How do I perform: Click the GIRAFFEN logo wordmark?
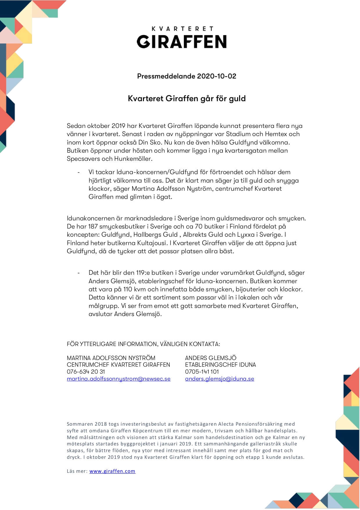pyautogui.click(x=182, y=42)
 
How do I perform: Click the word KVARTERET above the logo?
pyautogui.click(x=183, y=29)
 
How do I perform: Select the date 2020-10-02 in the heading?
pyautogui.click(x=217, y=76)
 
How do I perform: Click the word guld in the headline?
pyautogui.click(x=237, y=99)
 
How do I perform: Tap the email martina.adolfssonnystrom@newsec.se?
pyautogui.click(x=119, y=379)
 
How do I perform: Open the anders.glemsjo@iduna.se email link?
pyautogui.click(x=219, y=379)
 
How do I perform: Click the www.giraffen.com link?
pyautogui.click(x=112, y=471)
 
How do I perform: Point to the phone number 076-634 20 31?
pyautogui.click(x=86, y=372)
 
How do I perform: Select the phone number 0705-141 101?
pyautogui.click(x=202, y=372)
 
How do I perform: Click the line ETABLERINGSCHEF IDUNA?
pyautogui.click(x=220, y=365)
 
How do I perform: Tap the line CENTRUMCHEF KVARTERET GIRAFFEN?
pyautogui.click(x=118, y=365)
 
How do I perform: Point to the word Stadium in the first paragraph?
pyautogui.click(x=238, y=134)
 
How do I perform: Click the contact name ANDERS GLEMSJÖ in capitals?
pyautogui.click(x=211, y=358)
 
